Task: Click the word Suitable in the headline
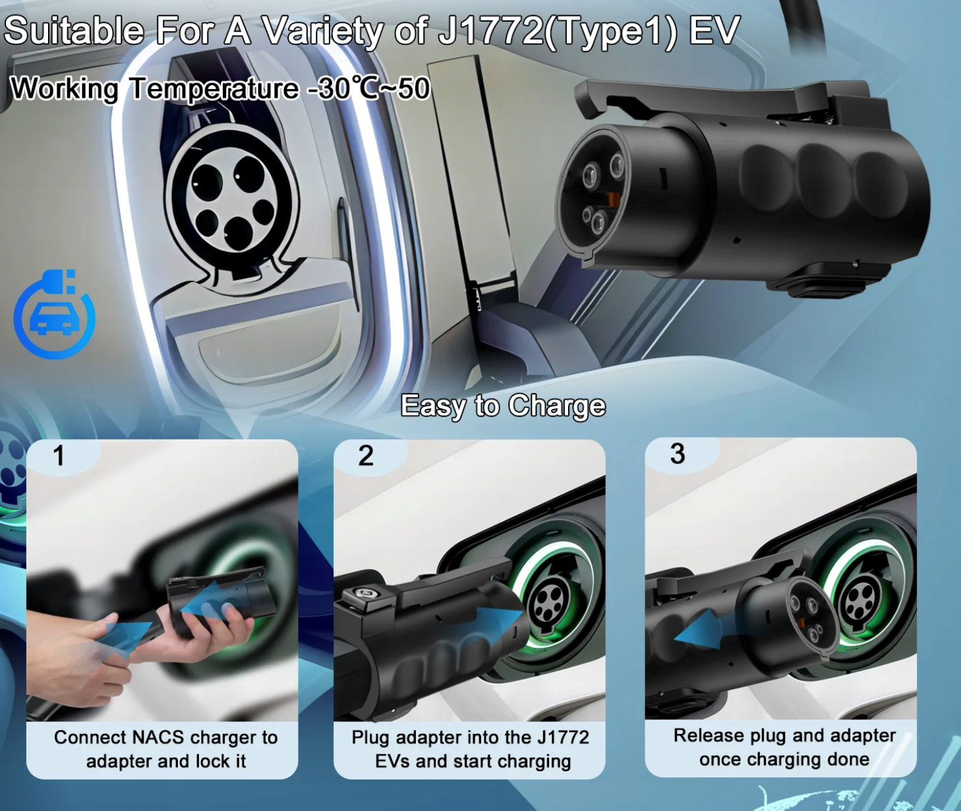click(x=74, y=30)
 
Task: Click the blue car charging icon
click(x=54, y=315)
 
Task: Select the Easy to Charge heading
click(x=503, y=405)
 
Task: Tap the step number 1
click(x=59, y=456)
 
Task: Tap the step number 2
click(x=366, y=456)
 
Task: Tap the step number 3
click(x=678, y=454)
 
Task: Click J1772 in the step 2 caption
click(x=563, y=737)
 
